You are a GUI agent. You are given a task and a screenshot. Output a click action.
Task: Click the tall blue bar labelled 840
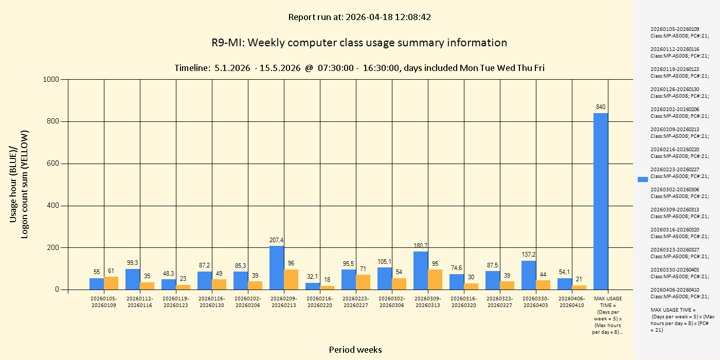601,201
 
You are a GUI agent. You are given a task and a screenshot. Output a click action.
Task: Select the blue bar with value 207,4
277,267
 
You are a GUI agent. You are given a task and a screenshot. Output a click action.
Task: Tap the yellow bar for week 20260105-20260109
111,283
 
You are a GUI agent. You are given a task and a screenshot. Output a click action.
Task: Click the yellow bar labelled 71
363,282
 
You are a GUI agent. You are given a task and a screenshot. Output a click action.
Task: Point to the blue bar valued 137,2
529,275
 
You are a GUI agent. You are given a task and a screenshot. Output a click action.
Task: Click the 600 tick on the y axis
53,164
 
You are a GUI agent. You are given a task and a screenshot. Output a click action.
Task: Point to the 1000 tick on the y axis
51,79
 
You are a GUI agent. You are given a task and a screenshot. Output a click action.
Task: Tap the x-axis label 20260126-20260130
212,302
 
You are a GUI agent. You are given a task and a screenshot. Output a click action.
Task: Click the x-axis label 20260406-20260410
572,302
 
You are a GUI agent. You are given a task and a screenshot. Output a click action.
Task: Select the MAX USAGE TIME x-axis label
607,315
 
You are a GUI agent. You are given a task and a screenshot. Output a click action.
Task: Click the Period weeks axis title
355,350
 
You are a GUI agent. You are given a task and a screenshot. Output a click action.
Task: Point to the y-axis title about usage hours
19,184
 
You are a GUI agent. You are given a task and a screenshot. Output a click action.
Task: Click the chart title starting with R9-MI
359,43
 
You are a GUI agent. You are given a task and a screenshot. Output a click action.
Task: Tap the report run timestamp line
359,17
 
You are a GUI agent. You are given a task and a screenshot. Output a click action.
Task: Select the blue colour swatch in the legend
643,179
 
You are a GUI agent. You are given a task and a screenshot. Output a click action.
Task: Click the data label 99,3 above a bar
133,263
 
